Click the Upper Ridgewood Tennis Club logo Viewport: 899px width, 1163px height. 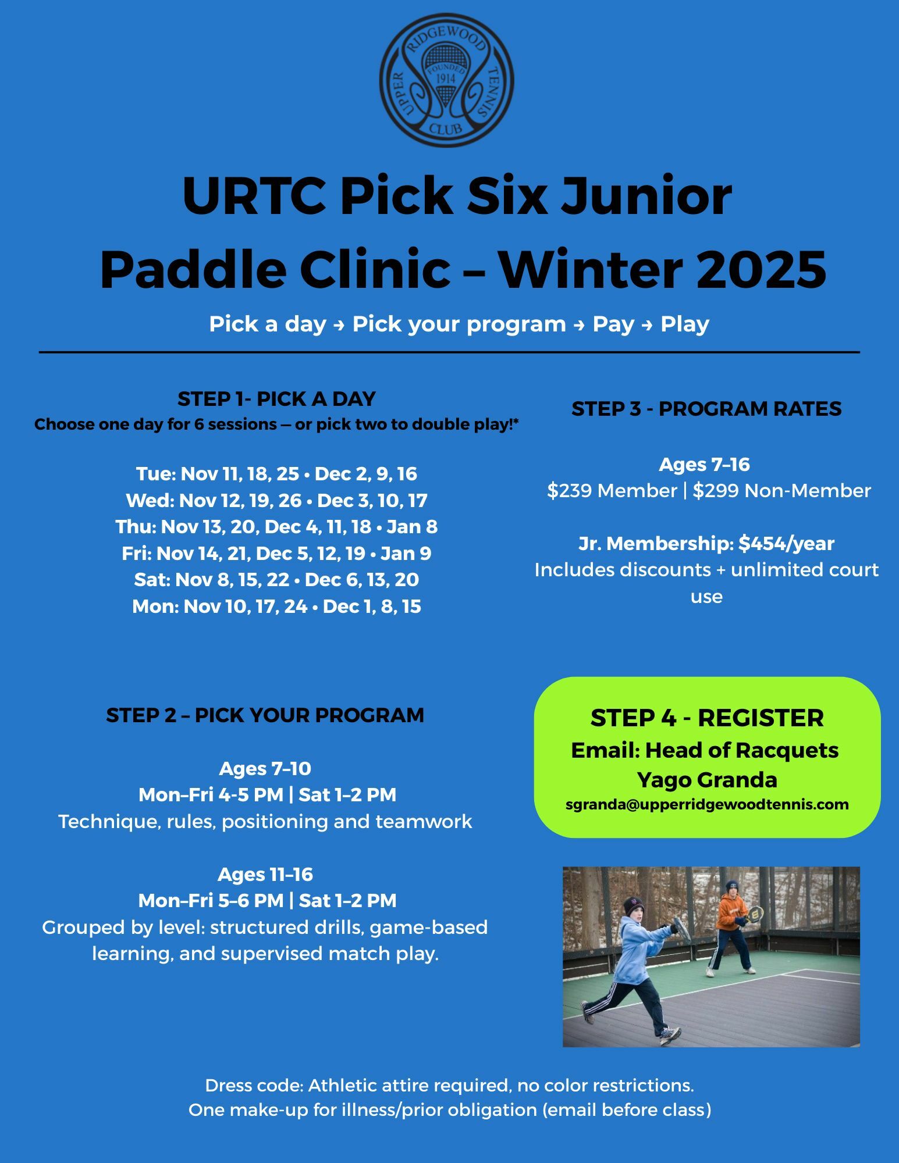coord(447,80)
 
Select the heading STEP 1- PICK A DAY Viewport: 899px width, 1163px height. coord(276,399)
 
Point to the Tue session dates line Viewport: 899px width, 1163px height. coord(276,474)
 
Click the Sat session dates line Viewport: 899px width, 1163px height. coord(276,579)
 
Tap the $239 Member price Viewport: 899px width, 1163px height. coord(612,491)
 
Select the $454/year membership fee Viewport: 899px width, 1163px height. coord(786,544)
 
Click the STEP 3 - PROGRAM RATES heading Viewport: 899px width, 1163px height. coord(706,409)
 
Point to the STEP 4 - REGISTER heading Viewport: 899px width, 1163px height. coord(707,718)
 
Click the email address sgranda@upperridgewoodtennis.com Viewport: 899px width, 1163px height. coord(707,805)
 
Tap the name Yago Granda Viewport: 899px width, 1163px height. coord(707,780)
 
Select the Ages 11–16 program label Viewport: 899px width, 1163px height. coord(265,874)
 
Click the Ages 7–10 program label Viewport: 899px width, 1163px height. coord(265,769)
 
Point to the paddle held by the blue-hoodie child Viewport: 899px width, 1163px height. coord(681,928)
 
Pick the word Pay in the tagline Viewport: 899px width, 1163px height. coord(613,324)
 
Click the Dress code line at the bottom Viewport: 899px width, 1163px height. coord(450,1086)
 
